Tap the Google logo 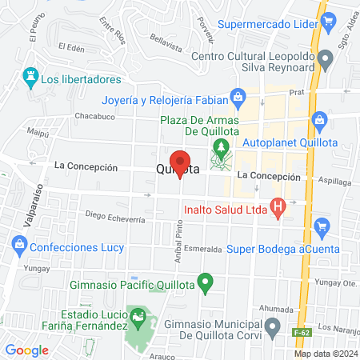pyautogui.click(x=27, y=350)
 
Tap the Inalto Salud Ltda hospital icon pyautogui.click(x=278, y=210)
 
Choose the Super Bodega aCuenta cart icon pyautogui.click(x=322, y=226)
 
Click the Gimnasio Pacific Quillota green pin pyautogui.click(x=206, y=282)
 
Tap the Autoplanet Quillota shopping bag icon pyautogui.click(x=320, y=122)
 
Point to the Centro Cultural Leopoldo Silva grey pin pyautogui.click(x=325, y=58)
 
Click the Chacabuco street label pyautogui.click(x=95, y=116)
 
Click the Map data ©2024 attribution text pyautogui.click(x=326, y=354)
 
